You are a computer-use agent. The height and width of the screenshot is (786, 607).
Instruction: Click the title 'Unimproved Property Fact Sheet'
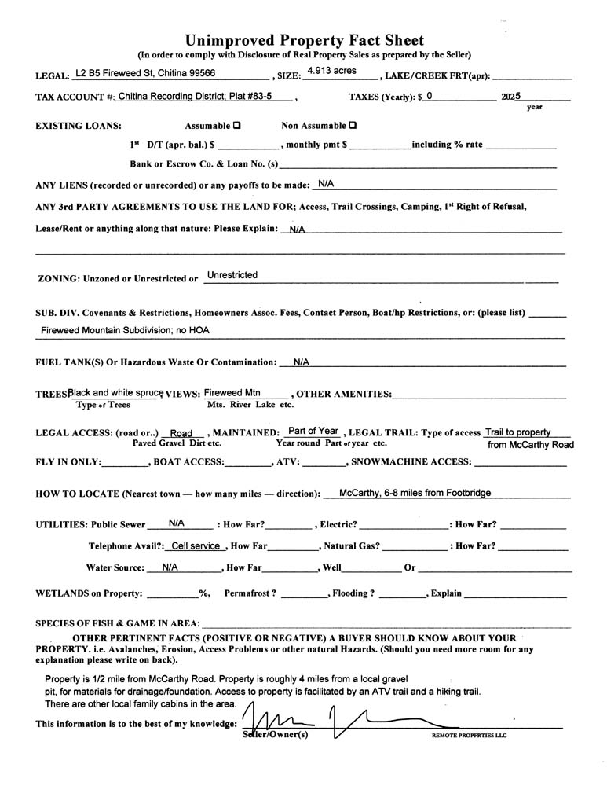click(304, 40)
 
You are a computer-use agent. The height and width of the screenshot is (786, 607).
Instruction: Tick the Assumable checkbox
click(237, 126)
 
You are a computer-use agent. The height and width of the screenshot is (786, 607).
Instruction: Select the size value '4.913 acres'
click(331, 71)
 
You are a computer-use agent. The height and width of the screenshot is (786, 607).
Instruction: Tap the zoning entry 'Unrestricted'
click(232, 275)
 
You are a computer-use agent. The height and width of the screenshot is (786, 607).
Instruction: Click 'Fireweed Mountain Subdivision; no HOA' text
click(126, 331)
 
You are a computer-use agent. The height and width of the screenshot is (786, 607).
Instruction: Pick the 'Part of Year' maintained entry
click(313, 431)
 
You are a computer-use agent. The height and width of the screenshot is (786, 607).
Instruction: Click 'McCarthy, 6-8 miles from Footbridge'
click(415, 493)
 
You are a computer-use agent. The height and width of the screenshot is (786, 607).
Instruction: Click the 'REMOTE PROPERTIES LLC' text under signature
click(470, 736)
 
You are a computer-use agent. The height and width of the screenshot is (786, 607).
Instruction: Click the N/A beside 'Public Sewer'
click(177, 523)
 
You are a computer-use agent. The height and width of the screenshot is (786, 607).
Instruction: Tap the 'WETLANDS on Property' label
click(90, 593)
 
